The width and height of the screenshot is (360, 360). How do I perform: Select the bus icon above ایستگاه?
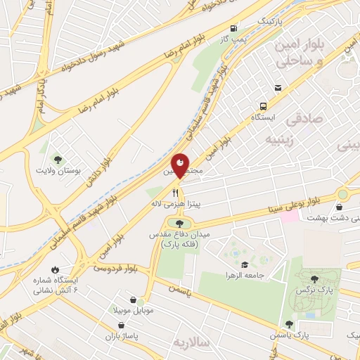[278, 88]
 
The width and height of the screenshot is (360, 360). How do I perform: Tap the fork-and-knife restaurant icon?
[176, 191]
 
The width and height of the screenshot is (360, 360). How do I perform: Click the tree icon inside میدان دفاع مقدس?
[169, 224]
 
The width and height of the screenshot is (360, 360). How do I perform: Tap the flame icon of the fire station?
[55, 269]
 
